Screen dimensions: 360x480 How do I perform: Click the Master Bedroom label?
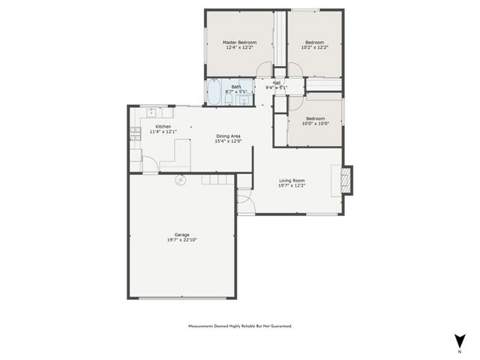point(240,43)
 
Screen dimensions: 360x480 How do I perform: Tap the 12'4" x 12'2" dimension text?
point(240,49)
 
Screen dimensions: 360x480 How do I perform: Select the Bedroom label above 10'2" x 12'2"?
point(315,43)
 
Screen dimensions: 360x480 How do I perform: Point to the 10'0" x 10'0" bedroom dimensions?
point(314,124)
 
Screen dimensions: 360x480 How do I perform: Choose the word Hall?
point(276,82)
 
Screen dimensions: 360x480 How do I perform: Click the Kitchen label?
point(163,126)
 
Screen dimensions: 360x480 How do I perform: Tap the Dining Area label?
point(229,136)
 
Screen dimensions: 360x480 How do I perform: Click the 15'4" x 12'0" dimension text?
point(229,142)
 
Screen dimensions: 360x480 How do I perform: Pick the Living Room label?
point(292,180)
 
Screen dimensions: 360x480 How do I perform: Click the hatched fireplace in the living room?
point(346,180)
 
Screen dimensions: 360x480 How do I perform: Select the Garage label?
point(181,234)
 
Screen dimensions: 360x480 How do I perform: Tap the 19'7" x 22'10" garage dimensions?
point(181,240)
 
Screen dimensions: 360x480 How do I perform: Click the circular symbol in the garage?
point(180,181)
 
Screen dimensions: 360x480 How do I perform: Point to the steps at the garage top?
point(217,180)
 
